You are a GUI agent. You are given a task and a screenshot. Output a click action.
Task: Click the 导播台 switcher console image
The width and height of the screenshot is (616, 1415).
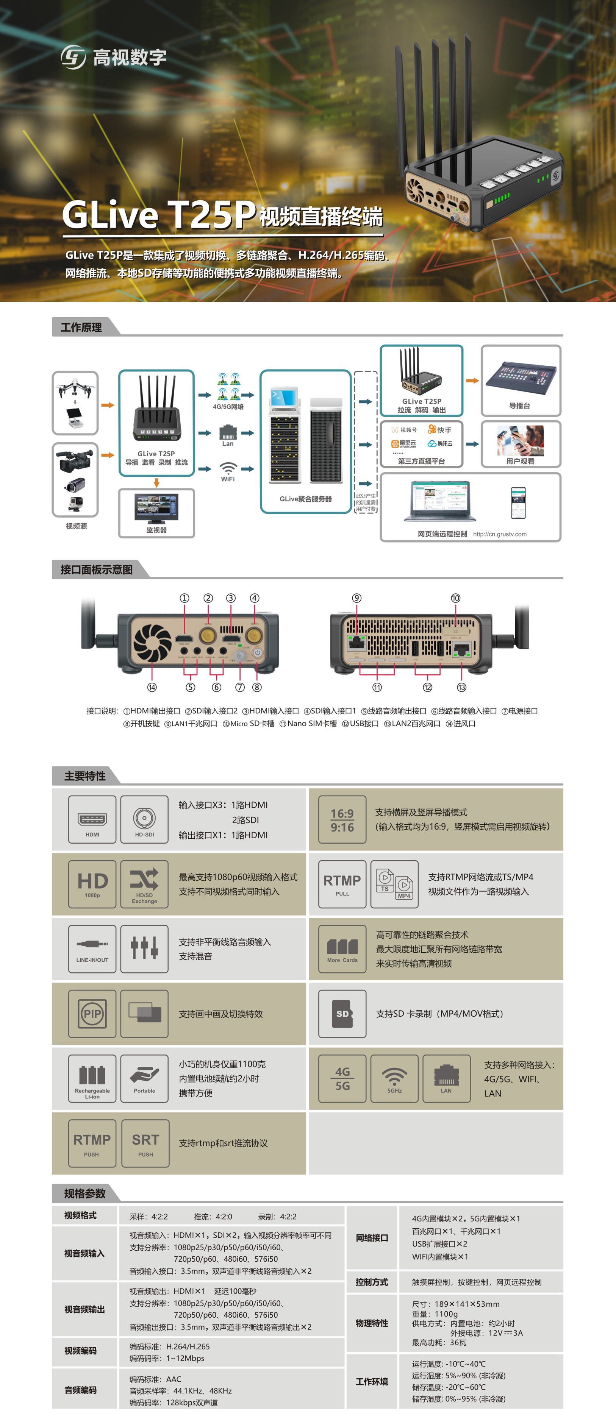coord(521,375)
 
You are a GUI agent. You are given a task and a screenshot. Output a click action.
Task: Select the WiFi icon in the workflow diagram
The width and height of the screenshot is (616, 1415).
coord(228,468)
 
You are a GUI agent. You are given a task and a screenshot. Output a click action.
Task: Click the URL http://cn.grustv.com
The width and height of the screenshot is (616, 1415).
coord(499,534)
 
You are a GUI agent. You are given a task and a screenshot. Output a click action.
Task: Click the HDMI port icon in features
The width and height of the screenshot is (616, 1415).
coord(92,819)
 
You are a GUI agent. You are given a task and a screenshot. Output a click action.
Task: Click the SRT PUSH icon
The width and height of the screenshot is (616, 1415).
coord(145,1143)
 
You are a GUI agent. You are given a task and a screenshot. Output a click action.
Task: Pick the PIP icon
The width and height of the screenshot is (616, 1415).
coord(92,1014)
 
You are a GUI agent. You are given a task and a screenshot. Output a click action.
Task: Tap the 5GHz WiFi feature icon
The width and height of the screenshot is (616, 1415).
coord(394,1078)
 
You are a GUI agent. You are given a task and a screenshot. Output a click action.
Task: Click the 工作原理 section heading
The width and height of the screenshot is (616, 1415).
coord(81,328)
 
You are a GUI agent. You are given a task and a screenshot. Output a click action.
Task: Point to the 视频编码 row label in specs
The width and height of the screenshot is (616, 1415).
coord(81,1351)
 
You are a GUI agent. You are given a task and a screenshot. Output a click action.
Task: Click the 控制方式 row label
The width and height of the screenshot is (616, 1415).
coord(372,1282)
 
